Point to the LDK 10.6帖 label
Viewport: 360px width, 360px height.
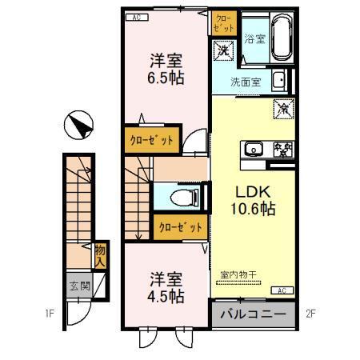tap(254, 201)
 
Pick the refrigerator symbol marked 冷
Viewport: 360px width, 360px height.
tap(282, 106)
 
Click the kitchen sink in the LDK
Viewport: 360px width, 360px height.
tap(254, 148)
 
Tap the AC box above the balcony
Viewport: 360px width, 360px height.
tap(282, 290)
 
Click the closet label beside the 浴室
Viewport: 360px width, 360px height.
tap(222, 23)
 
